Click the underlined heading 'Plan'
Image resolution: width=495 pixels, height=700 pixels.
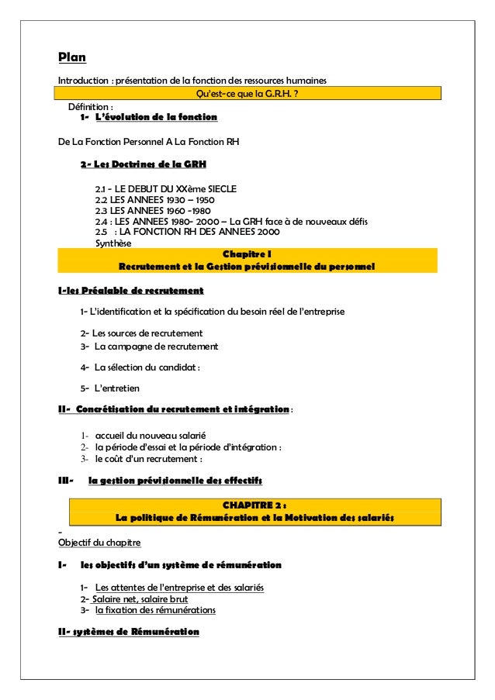tap(72, 58)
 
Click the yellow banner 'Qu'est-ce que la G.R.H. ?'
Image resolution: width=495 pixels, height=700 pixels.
tap(248, 94)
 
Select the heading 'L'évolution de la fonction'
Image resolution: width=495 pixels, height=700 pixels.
tap(155, 118)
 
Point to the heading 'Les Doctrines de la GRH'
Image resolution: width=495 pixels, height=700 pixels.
tap(144, 165)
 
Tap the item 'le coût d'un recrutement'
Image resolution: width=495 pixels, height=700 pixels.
tap(148, 458)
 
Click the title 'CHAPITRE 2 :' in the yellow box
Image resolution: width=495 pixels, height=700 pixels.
tap(254, 505)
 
